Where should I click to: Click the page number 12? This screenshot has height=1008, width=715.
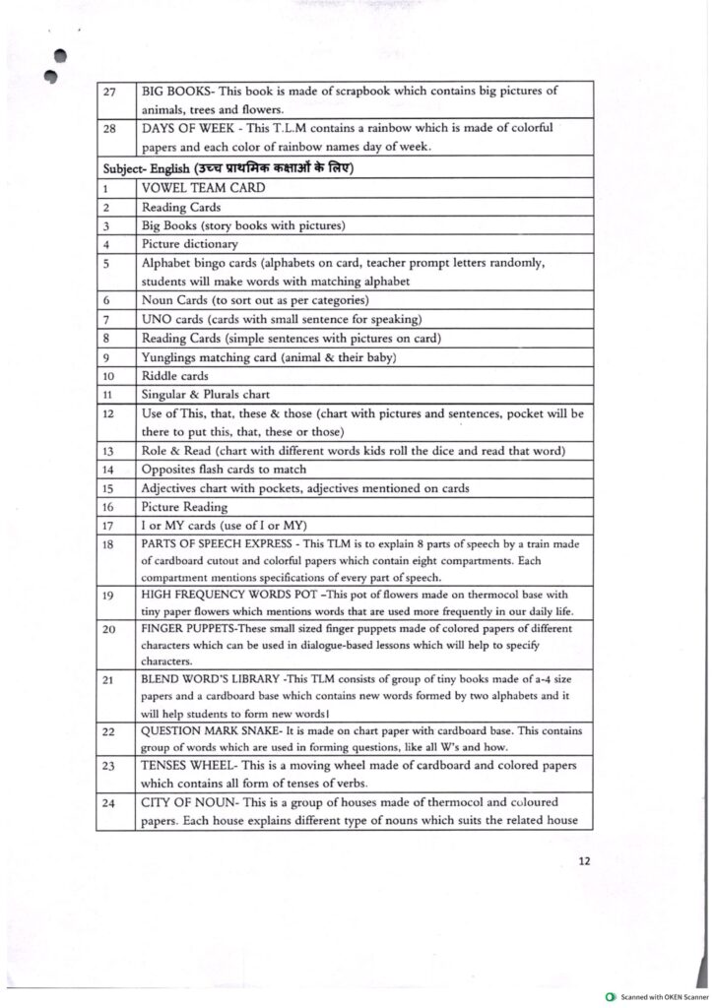click(x=584, y=861)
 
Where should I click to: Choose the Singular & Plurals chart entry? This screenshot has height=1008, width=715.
click(x=206, y=394)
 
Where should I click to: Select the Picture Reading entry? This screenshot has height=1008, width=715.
click(x=184, y=507)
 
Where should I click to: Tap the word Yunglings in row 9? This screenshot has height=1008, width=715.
click(x=173, y=356)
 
